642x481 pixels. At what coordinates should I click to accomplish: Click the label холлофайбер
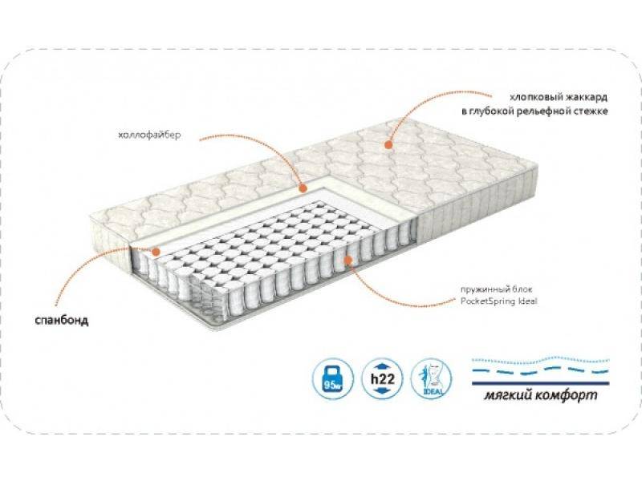tap(149, 135)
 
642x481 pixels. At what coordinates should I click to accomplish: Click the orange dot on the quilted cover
tap(388, 145)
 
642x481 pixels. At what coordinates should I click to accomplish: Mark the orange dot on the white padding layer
tap(303, 189)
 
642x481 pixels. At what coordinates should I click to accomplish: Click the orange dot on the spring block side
tap(347, 258)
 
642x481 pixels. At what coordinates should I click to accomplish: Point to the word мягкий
tap(512, 398)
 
